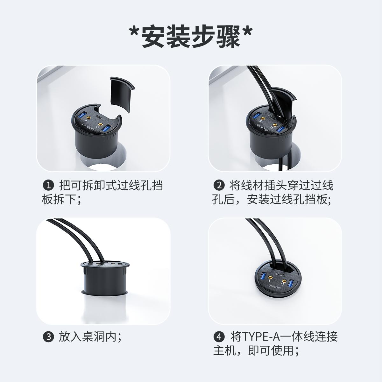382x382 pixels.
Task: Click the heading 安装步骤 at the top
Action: [191, 37]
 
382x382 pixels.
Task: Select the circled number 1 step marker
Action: [48, 186]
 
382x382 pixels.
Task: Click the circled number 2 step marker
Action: [219, 186]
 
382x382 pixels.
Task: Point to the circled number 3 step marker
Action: [48, 337]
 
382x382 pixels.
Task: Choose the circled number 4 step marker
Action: [219, 337]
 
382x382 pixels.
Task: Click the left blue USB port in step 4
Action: [264, 276]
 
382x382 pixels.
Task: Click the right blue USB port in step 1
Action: [106, 129]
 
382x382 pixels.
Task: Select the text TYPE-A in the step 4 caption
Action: [261, 337]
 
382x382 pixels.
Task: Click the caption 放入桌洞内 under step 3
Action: [88, 337]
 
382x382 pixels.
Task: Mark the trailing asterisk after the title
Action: [247, 33]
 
